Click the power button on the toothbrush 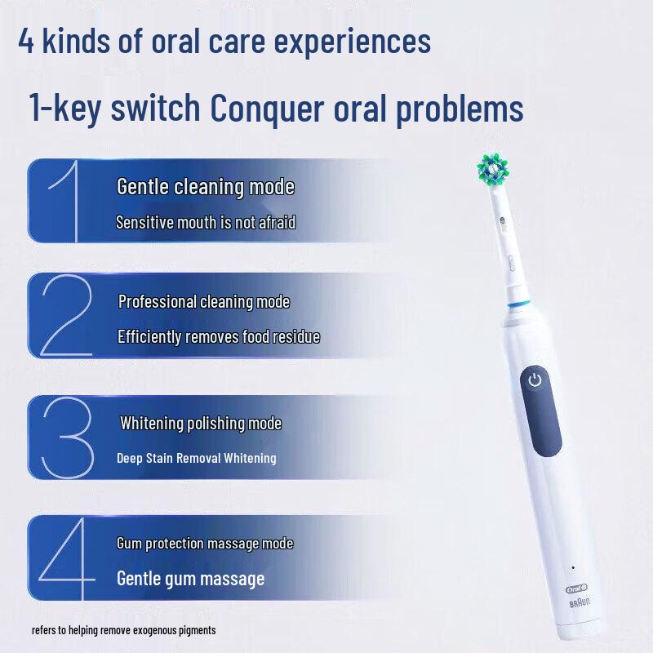535,380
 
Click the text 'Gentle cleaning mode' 206,187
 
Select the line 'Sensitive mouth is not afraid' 206,221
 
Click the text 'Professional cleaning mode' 204,302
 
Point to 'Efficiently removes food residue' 219,336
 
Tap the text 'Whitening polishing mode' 201,424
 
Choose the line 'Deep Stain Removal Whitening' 197,458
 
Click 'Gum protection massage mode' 205,544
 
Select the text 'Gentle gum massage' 191,579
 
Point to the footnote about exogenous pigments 124,630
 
